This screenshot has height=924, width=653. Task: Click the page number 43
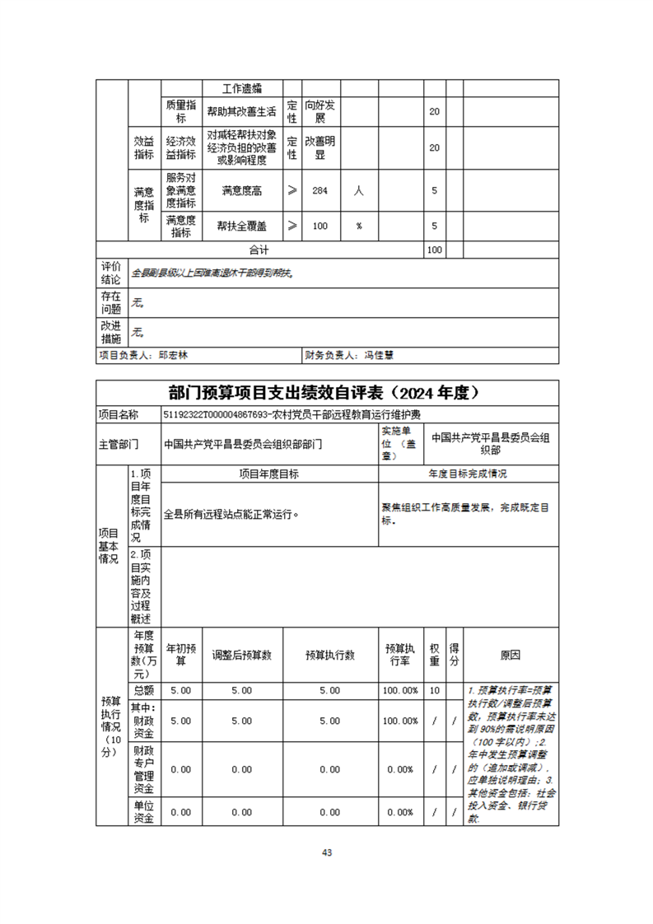[327, 852]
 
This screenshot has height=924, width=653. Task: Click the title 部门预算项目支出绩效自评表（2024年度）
[327, 391]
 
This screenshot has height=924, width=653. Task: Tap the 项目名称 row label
[119, 413]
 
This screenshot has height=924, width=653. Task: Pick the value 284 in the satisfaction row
[320, 190]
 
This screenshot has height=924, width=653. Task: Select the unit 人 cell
[359, 190]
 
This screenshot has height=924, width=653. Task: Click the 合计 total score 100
[434, 250]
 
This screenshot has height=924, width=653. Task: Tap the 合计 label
[259, 250]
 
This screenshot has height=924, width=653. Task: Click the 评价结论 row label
[111, 272]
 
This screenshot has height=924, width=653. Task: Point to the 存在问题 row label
[111, 302]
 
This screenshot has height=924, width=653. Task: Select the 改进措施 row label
[111, 333]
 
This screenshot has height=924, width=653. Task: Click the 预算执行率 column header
[400, 655]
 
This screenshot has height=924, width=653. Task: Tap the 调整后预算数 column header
[241, 655]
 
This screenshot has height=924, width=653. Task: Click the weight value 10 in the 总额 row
[434, 690]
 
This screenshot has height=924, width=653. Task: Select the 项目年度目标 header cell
[268, 474]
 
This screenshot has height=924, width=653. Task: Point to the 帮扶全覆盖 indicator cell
[241, 225]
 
